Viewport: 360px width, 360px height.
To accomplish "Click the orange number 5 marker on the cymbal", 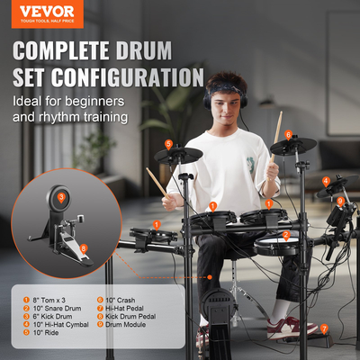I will (168, 144).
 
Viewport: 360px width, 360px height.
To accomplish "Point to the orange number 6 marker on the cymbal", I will (289, 135).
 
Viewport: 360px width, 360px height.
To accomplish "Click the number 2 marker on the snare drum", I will (285, 236).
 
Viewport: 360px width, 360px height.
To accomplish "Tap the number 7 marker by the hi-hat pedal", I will (324, 328).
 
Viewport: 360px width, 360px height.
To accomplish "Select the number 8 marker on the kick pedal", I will (84, 248).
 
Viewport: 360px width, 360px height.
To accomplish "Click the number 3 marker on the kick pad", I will (61, 195).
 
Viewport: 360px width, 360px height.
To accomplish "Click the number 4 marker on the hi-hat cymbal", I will (326, 181).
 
